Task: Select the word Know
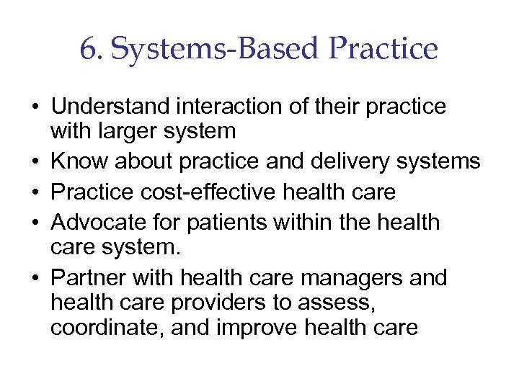[x=76, y=161]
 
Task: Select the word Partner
[x=89, y=278]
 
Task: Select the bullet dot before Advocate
[x=35, y=223]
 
